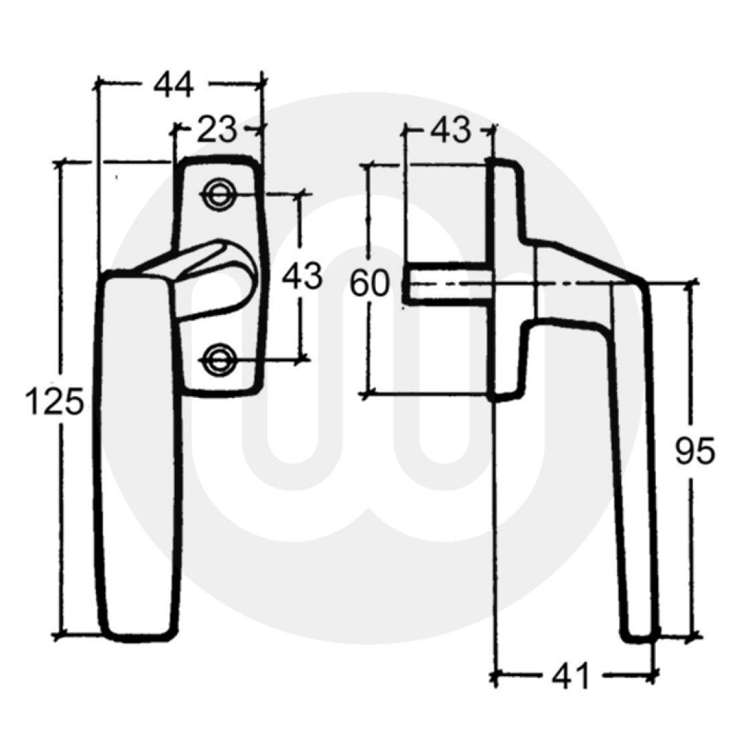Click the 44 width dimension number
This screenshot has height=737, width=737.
174,85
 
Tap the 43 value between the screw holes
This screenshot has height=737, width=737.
302,277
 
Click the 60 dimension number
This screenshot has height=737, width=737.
369,285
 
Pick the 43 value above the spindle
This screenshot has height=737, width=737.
451,130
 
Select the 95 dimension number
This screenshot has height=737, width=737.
695,453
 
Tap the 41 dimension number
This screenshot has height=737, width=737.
572,677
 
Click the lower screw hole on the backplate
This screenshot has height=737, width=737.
216,359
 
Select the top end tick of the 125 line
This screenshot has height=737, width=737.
62,161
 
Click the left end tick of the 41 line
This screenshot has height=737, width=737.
495,677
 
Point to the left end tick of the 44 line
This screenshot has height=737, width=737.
98,84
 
